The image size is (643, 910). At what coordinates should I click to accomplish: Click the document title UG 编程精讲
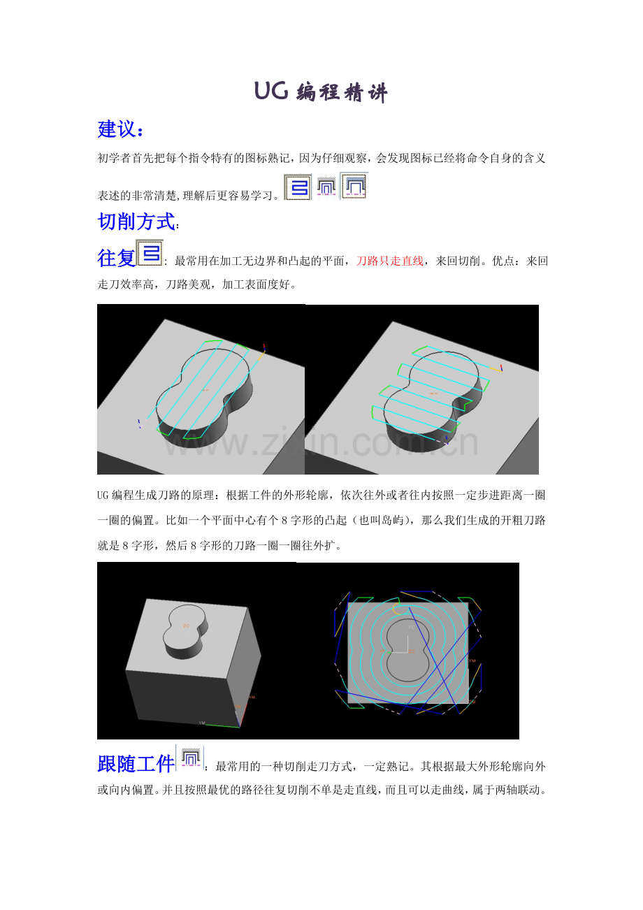coord(321,92)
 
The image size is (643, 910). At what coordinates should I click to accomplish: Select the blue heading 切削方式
coord(136,222)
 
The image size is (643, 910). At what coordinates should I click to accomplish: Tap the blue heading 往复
coord(116,258)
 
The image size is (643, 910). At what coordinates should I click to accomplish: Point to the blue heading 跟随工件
coord(136,764)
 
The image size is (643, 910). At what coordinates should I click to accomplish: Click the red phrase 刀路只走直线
coord(389,261)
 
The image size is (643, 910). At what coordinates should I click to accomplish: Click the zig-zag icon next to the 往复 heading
coord(150,253)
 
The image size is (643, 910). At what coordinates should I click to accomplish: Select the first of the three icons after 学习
coord(298,187)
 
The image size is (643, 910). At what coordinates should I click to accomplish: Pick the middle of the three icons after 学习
coord(326,187)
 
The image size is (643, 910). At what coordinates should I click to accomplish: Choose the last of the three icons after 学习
coord(354,186)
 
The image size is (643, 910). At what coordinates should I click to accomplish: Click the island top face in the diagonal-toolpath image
coord(203,390)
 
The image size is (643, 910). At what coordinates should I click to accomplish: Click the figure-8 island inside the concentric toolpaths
coord(407,651)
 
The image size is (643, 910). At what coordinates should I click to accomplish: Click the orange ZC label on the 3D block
coord(186,626)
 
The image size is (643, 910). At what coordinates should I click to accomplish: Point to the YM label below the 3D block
coord(202,723)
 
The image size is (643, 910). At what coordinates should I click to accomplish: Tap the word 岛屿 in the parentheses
coord(392,521)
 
